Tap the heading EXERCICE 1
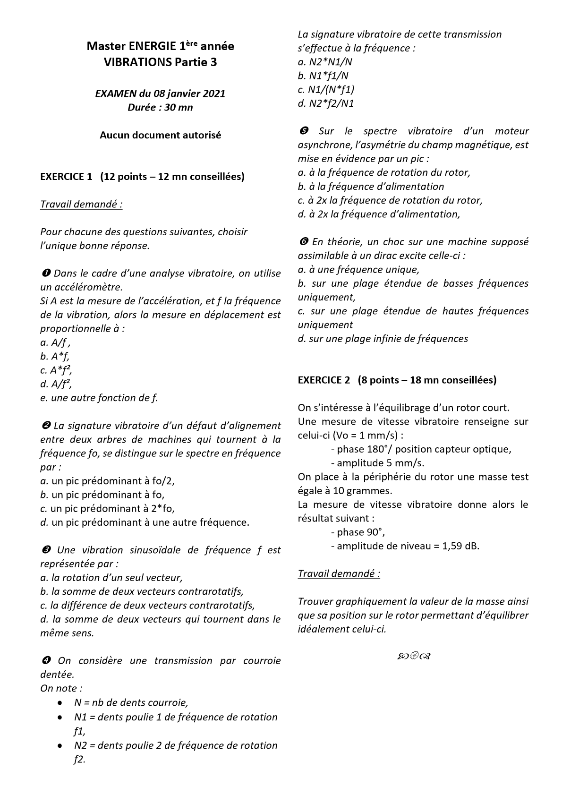tap(66, 177)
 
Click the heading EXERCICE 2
tap(324, 380)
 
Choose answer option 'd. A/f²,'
tap(56, 384)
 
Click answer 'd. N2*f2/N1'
tap(326, 103)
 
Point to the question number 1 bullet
tap(45, 274)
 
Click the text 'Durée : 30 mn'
tap(160, 107)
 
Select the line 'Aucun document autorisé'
tap(160, 135)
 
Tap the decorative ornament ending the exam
tap(413, 656)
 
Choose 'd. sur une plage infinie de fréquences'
tap(383, 339)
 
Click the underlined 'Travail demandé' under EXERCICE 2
tap(339, 574)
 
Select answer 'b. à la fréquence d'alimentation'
tap(371, 187)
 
